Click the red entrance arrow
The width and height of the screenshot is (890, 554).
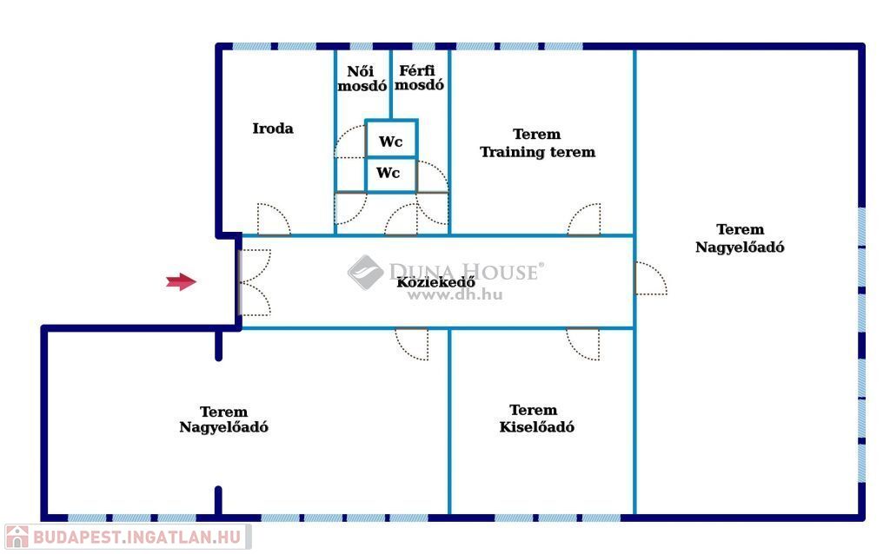point(181,281)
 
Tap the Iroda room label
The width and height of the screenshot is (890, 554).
point(273,129)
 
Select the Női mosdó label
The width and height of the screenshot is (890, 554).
point(362,79)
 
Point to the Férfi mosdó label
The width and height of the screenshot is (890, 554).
point(420,78)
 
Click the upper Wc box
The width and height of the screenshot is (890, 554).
point(390,142)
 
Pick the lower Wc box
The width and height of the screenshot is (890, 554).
point(389,174)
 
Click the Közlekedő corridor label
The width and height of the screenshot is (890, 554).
point(435,282)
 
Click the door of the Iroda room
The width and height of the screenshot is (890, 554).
point(273,221)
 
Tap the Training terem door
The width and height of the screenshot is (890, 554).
point(584,221)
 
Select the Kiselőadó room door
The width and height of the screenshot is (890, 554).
point(583,342)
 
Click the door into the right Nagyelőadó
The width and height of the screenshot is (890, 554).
point(650,279)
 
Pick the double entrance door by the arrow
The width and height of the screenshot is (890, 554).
point(254,282)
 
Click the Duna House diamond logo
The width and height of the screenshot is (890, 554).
point(366,272)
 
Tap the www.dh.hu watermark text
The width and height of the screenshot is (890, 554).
point(455,295)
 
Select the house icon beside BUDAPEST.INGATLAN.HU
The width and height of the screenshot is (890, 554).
point(17,537)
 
